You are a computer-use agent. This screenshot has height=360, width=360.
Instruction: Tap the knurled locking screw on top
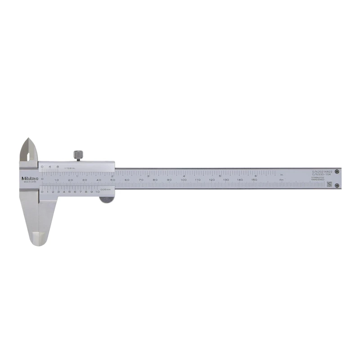pyautogui.click(x=78, y=154)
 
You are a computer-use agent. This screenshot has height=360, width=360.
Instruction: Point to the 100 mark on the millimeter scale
pyautogui.click(x=183, y=180)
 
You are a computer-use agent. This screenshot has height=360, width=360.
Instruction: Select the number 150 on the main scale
pyautogui.click(x=254, y=180)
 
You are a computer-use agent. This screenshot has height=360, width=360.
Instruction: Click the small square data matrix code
pyautogui.click(x=328, y=184)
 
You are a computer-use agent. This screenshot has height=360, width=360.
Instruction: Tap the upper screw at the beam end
pyautogui.click(x=337, y=171)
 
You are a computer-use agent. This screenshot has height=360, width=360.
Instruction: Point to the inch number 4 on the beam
pyautogui.click(x=184, y=175)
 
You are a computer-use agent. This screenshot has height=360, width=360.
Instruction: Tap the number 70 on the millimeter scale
pyautogui.click(x=141, y=180)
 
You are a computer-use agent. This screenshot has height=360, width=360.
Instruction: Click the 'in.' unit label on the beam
pyautogui.click(x=282, y=175)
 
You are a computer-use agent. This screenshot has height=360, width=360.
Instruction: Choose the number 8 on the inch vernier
pyautogui.click(x=58, y=167)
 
